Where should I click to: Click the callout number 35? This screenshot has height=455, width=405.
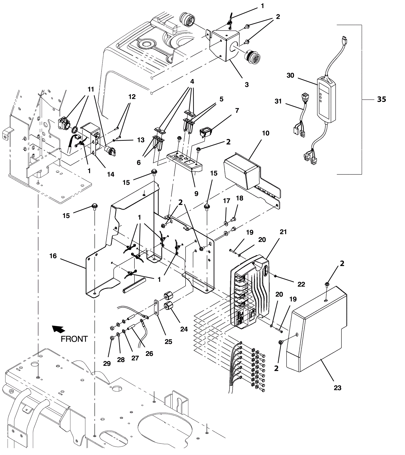[x=382, y=99]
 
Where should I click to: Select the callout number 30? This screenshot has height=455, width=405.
[x=290, y=75]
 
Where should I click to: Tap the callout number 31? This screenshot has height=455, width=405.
[x=278, y=101]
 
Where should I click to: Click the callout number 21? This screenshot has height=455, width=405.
[x=283, y=232]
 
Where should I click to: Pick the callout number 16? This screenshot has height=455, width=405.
[x=53, y=256]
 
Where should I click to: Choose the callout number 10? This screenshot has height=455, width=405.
[x=266, y=133]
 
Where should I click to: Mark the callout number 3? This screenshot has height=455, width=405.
[x=247, y=85]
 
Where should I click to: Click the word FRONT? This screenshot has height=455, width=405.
[x=74, y=339]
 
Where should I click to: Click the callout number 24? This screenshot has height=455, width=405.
[x=184, y=329]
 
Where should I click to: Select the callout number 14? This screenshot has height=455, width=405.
[x=111, y=174]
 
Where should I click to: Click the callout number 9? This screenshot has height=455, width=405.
[x=196, y=193]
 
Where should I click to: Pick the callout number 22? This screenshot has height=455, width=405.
[x=301, y=284]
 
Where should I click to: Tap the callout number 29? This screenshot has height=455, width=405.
[x=107, y=363]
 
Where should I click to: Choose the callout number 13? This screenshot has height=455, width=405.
[x=141, y=140]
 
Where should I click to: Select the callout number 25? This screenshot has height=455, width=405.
[x=168, y=342]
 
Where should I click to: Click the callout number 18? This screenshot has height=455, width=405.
[x=239, y=198]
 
